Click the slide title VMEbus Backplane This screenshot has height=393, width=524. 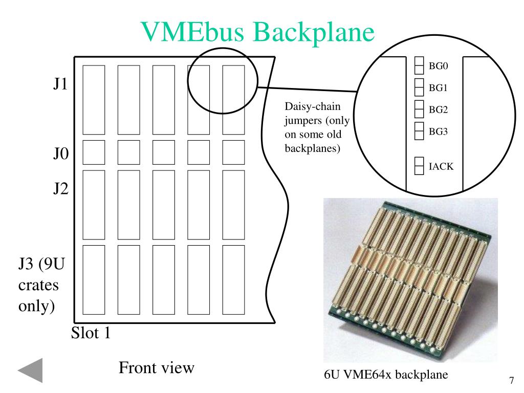(x=258, y=32)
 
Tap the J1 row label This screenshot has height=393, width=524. (x=60, y=84)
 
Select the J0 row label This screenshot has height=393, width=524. (x=60, y=154)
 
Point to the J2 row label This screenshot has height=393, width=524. (x=60, y=189)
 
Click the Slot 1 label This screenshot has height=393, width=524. (x=91, y=333)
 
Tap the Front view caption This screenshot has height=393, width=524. (x=157, y=367)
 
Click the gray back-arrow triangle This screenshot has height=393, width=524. (x=31, y=370)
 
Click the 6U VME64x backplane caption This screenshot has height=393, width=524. (x=386, y=375)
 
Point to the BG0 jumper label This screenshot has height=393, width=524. (x=438, y=65)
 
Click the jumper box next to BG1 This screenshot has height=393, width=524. (x=419, y=88)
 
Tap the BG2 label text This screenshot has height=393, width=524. (x=438, y=110)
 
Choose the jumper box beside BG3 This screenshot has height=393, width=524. (x=419, y=131)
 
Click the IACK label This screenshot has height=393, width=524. (x=441, y=166)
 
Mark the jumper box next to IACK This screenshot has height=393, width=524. (x=419, y=166)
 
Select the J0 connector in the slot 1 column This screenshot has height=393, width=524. (x=94, y=151)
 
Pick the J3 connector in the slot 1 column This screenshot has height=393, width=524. (x=94, y=280)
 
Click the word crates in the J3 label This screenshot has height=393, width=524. (x=38, y=285)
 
